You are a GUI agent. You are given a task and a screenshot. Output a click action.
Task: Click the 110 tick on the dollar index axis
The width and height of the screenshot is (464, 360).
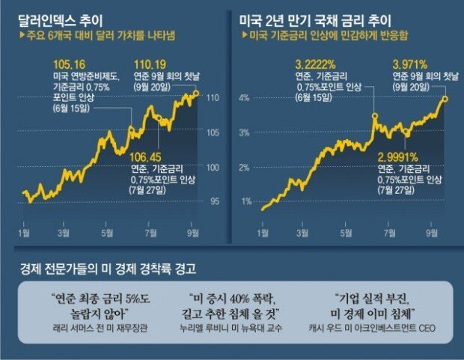[x=212, y=97]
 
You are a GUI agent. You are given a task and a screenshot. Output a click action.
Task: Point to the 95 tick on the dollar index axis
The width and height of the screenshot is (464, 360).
[x=212, y=201]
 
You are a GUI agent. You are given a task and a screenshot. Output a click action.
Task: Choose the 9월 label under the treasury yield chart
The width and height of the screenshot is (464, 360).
[x=432, y=234]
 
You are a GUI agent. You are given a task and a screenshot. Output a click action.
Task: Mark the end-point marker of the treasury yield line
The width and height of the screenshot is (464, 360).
[x=445, y=97]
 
